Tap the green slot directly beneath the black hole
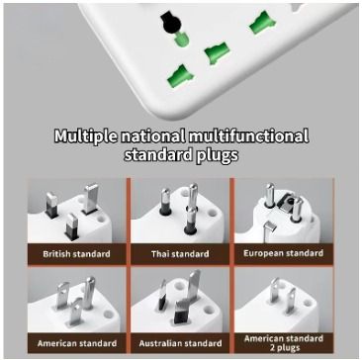click(x=179, y=41)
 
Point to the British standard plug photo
click(x=77, y=213)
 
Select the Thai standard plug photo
click(x=179, y=213)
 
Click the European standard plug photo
click(x=283, y=213)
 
